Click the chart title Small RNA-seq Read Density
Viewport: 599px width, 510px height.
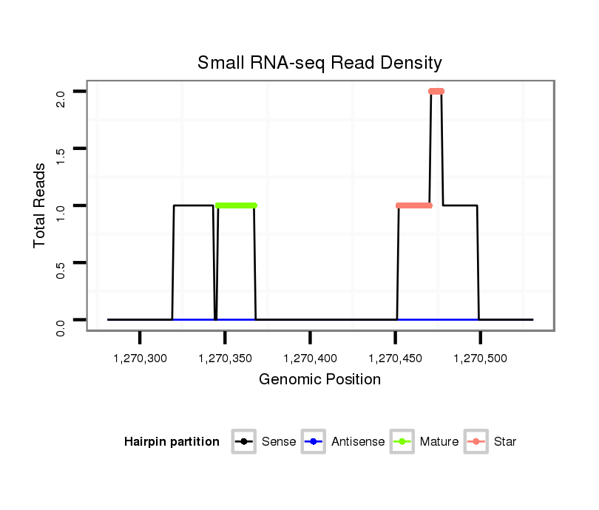[319, 63]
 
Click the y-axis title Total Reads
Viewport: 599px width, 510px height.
[41, 205]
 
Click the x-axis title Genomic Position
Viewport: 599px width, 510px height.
[319, 380]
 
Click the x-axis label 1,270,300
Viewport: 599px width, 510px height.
[141, 358]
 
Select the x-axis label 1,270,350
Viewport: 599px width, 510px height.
[226, 358]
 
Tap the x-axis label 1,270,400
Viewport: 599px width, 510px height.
[311, 358]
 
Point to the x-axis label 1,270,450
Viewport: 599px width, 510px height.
[396, 358]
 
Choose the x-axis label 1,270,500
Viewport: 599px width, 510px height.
[481, 358]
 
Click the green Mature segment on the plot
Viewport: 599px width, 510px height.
[236, 205]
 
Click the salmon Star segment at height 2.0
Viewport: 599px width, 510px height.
[436, 92]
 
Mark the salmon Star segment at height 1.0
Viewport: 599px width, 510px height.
[414, 205]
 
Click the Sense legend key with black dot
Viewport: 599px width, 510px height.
[244, 442]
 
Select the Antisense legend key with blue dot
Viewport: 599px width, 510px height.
[314, 442]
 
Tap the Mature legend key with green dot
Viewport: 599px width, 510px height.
[402, 442]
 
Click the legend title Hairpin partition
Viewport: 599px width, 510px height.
[172, 442]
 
